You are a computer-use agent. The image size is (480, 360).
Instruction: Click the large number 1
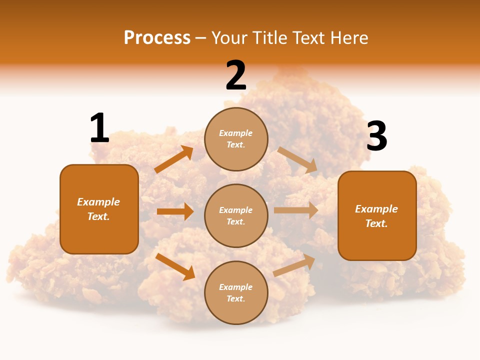(x=99, y=128)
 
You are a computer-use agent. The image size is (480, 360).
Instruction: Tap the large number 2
(x=236, y=75)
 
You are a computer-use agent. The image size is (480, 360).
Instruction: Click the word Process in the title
(x=157, y=37)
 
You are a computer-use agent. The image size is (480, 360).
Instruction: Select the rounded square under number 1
(x=99, y=209)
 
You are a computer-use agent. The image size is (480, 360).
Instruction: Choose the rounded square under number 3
(x=377, y=215)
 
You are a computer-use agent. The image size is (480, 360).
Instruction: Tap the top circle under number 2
(x=236, y=138)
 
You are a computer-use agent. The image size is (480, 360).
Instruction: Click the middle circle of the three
(x=236, y=215)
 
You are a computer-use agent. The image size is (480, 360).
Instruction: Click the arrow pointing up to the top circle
(x=174, y=159)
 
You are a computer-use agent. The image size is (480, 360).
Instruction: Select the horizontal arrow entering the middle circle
(x=175, y=211)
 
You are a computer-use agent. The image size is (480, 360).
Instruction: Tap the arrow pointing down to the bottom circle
(x=175, y=266)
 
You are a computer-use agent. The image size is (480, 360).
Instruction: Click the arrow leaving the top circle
(x=297, y=159)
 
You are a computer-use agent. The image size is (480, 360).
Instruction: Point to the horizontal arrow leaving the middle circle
(x=296, y=210)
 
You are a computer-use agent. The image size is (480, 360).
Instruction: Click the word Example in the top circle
(x=236, y=133)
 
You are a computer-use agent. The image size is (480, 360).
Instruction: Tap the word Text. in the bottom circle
(x=236, y=298)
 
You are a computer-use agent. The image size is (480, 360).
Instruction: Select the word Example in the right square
(x=376, y=209)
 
